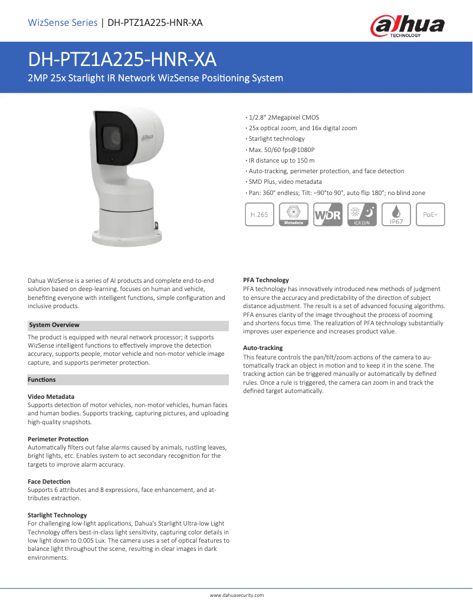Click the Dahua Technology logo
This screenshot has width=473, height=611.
(407, 25)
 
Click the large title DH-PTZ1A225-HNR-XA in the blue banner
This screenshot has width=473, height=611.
(123, 60)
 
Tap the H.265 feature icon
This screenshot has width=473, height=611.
(259, 215)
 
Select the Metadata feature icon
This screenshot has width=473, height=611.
(294, 215)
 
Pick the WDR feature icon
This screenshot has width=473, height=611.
(328, 215)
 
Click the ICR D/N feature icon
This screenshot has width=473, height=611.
(362, 215)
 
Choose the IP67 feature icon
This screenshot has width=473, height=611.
(396, 215)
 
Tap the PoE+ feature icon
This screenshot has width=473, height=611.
(431, 215)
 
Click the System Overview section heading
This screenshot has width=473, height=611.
(54, 325)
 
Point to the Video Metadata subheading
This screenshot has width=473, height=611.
(51, 397)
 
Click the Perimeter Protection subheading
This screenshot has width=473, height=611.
(58, 439)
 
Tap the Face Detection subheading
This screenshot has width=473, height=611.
(49, 481)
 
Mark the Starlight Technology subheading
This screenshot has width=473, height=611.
(57, 515)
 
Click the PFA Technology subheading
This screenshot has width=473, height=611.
(266, 280)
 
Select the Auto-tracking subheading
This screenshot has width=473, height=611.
(263, 348)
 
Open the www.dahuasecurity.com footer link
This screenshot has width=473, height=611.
(236, 596)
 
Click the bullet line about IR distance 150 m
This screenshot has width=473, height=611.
(281, 160)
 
